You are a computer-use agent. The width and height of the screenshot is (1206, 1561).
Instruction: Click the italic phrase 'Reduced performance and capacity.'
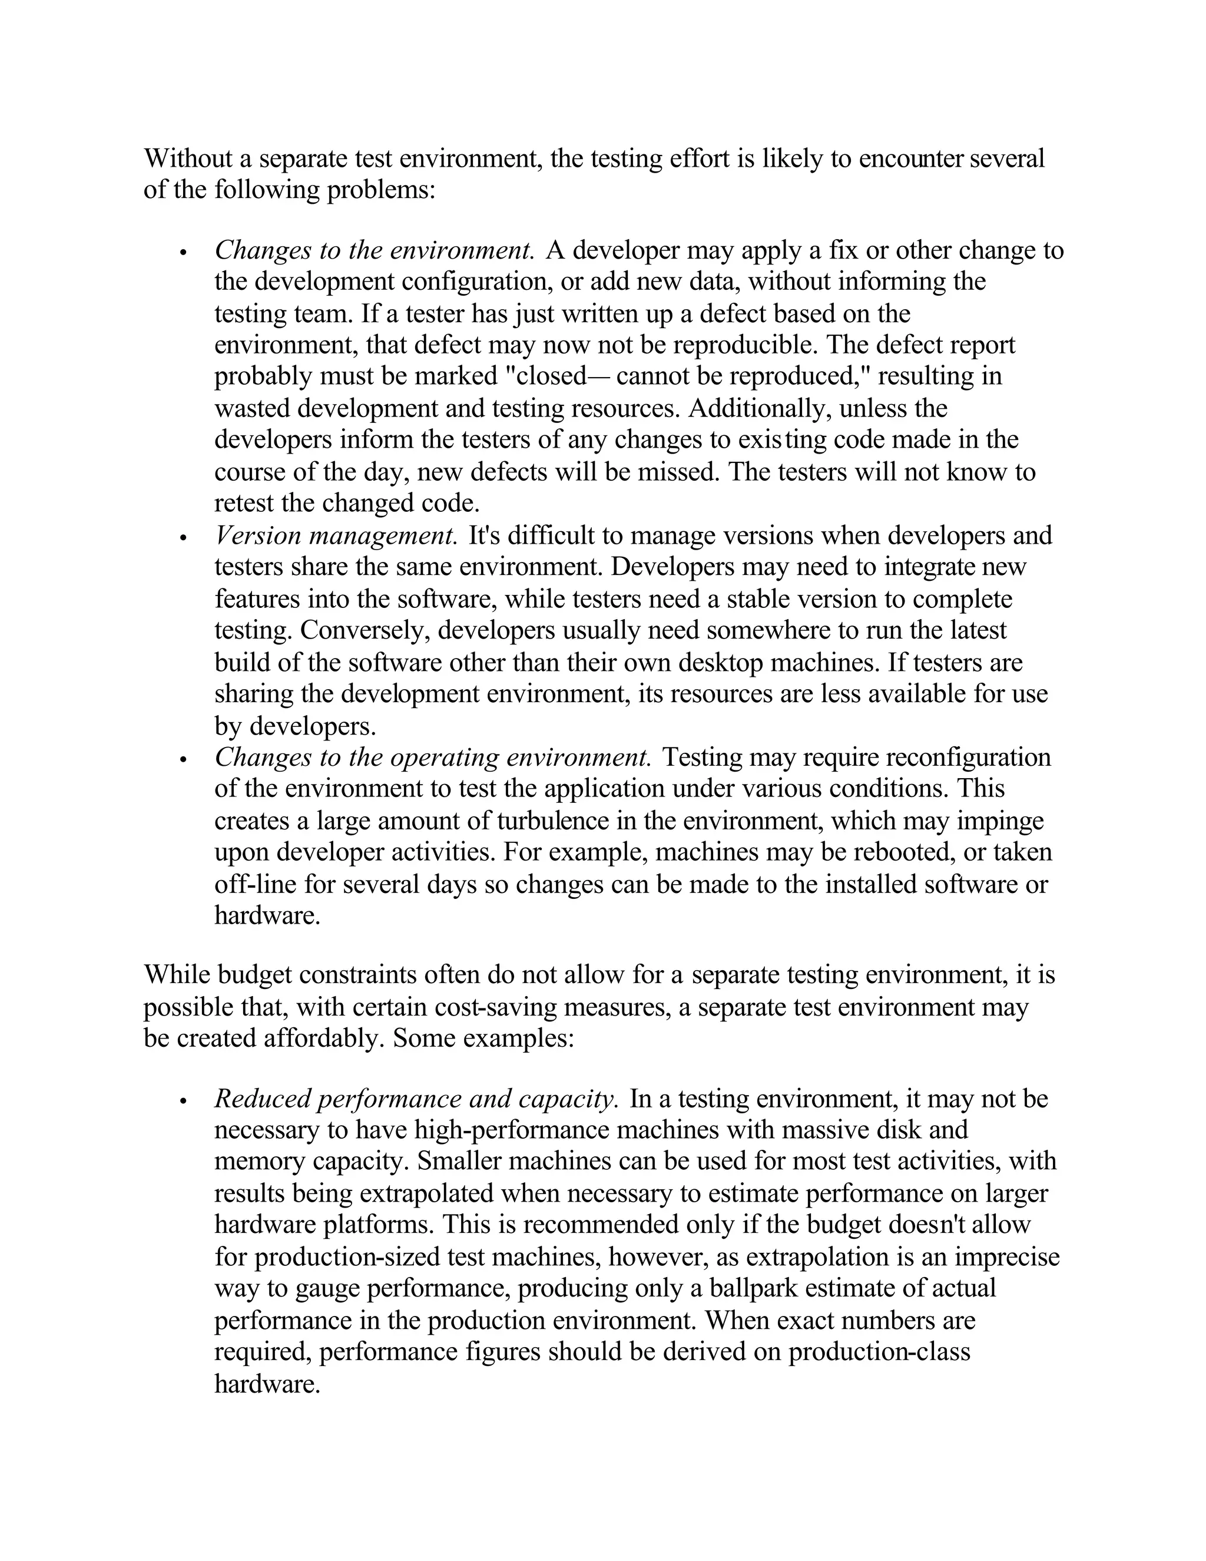point(416,1099)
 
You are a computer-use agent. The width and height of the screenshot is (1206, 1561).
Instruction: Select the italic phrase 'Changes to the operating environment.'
point(433,757)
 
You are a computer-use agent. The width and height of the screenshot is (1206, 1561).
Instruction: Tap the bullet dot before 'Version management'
point(184,537)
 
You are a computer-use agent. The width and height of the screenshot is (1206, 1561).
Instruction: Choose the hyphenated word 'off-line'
point(255,884)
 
